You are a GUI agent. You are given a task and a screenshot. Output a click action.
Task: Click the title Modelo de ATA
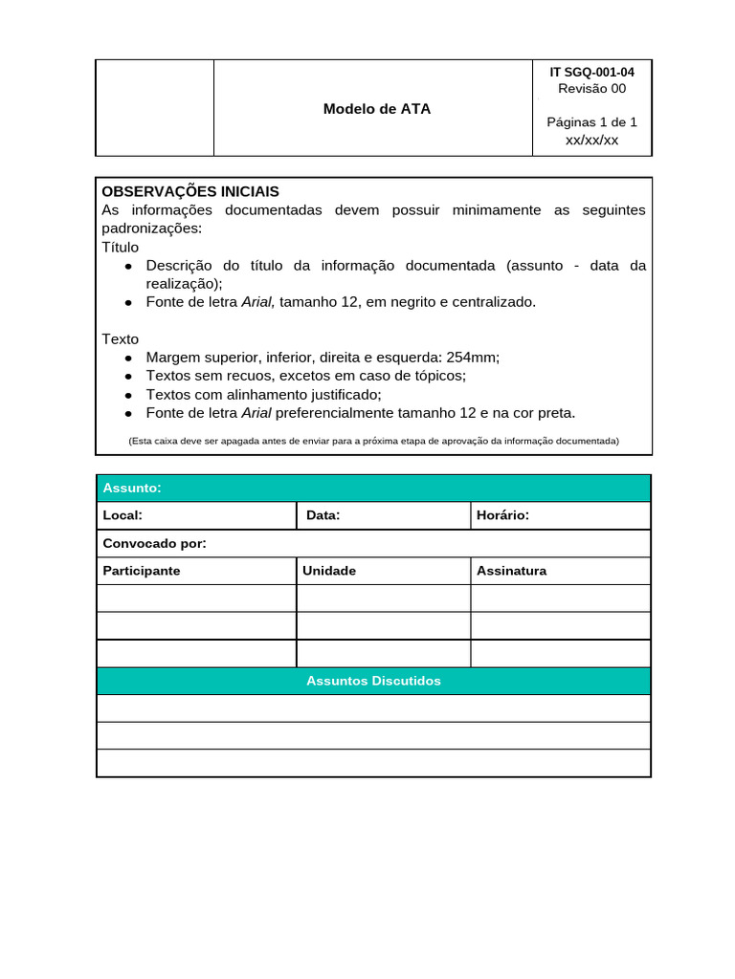click(x=376, y=109)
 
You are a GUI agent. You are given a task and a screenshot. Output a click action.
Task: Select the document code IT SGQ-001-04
click(x=591, y=72)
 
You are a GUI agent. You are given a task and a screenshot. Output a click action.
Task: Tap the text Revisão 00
click(x=591, y=89)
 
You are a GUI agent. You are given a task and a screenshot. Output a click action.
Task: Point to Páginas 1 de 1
click(x=591, y=121)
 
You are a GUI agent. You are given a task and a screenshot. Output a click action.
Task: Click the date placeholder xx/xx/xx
click(x=591, y=140)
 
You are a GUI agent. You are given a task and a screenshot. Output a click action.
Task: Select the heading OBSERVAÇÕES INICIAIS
click(x=190, y=191)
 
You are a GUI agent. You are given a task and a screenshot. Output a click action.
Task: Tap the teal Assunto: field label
click(x=132, y=489)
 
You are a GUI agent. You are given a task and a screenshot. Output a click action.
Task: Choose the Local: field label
click(x=122, y=515)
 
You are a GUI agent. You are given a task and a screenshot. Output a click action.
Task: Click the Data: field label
click(x=323, y=515)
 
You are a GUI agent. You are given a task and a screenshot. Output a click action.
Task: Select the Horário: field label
click(x=502, y=515)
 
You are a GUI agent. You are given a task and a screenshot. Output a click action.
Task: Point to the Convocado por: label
click(x=154, y=543)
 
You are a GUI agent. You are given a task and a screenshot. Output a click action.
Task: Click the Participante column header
click(x=142, y=571)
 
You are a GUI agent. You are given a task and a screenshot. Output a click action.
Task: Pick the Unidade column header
click(x=329, y=571)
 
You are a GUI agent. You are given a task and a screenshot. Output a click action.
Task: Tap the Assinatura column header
click(x=511, y=571)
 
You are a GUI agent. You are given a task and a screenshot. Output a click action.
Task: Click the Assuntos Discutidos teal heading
click(x=373, y=681)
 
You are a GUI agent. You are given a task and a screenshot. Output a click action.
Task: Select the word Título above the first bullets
click(x=121, y=247)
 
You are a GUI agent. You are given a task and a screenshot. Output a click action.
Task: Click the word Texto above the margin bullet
click(x=121, y=339)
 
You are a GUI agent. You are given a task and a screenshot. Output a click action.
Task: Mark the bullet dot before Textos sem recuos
click(x=128, y=377)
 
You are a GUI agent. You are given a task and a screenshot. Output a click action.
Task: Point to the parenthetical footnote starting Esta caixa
click(x=373, y=441)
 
